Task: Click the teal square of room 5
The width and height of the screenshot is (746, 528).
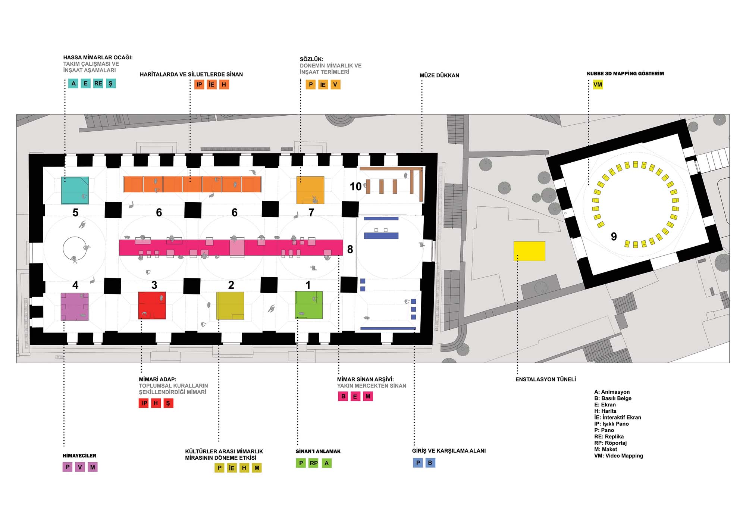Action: (75, 190)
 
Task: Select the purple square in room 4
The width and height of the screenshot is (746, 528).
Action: (75, 307)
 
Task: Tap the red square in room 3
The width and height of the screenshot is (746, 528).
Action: (152, 306)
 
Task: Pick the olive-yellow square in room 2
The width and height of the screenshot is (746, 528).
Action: (231, 306)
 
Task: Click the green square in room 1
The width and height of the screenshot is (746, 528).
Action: (309, 305)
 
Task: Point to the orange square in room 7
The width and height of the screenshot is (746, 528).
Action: (310, 190)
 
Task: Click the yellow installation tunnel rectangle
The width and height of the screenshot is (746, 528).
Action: (529, 251)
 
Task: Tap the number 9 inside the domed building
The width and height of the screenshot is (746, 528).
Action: (614, 236)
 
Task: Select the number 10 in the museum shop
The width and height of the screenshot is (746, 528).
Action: (355, 186)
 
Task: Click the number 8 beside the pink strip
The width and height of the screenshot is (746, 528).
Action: (350, 249)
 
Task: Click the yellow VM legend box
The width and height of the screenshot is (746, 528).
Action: (598, 85)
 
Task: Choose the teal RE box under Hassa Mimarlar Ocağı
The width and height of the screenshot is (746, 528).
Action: (98, 84)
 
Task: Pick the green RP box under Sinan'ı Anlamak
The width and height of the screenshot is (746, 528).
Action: (314, 463)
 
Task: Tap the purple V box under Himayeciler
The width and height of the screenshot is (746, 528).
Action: (80, 467)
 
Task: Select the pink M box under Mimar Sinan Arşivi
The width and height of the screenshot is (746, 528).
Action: (368, 396)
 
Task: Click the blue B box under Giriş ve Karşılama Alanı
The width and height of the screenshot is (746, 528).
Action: (430, 463)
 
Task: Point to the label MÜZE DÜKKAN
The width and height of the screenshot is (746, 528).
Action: (439, 75)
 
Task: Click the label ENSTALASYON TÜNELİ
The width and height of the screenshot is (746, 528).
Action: (546, 379)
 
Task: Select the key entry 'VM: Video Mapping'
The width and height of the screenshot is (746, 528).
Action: (619, 456)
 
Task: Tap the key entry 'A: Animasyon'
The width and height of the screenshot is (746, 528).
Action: (612, 392)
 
